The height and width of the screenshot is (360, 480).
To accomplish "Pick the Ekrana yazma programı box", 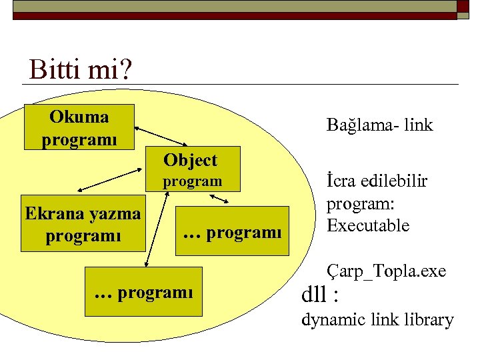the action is (x=83, y=224).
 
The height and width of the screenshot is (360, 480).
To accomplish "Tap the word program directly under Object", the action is (x=192, y=181).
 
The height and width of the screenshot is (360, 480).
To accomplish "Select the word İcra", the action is (x=341, y=181).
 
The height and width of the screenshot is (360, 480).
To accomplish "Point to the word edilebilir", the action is (x=393, y=181).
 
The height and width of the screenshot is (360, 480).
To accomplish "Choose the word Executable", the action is (x=367, y=225).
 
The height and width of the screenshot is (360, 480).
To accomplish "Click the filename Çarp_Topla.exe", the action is (x=386, y=271).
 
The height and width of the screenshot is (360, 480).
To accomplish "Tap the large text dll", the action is (x=316, y=294).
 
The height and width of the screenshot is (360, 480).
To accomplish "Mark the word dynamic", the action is (x=333, y=320).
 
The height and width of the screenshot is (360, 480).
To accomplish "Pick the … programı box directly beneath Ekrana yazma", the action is (x=144, y=291).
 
